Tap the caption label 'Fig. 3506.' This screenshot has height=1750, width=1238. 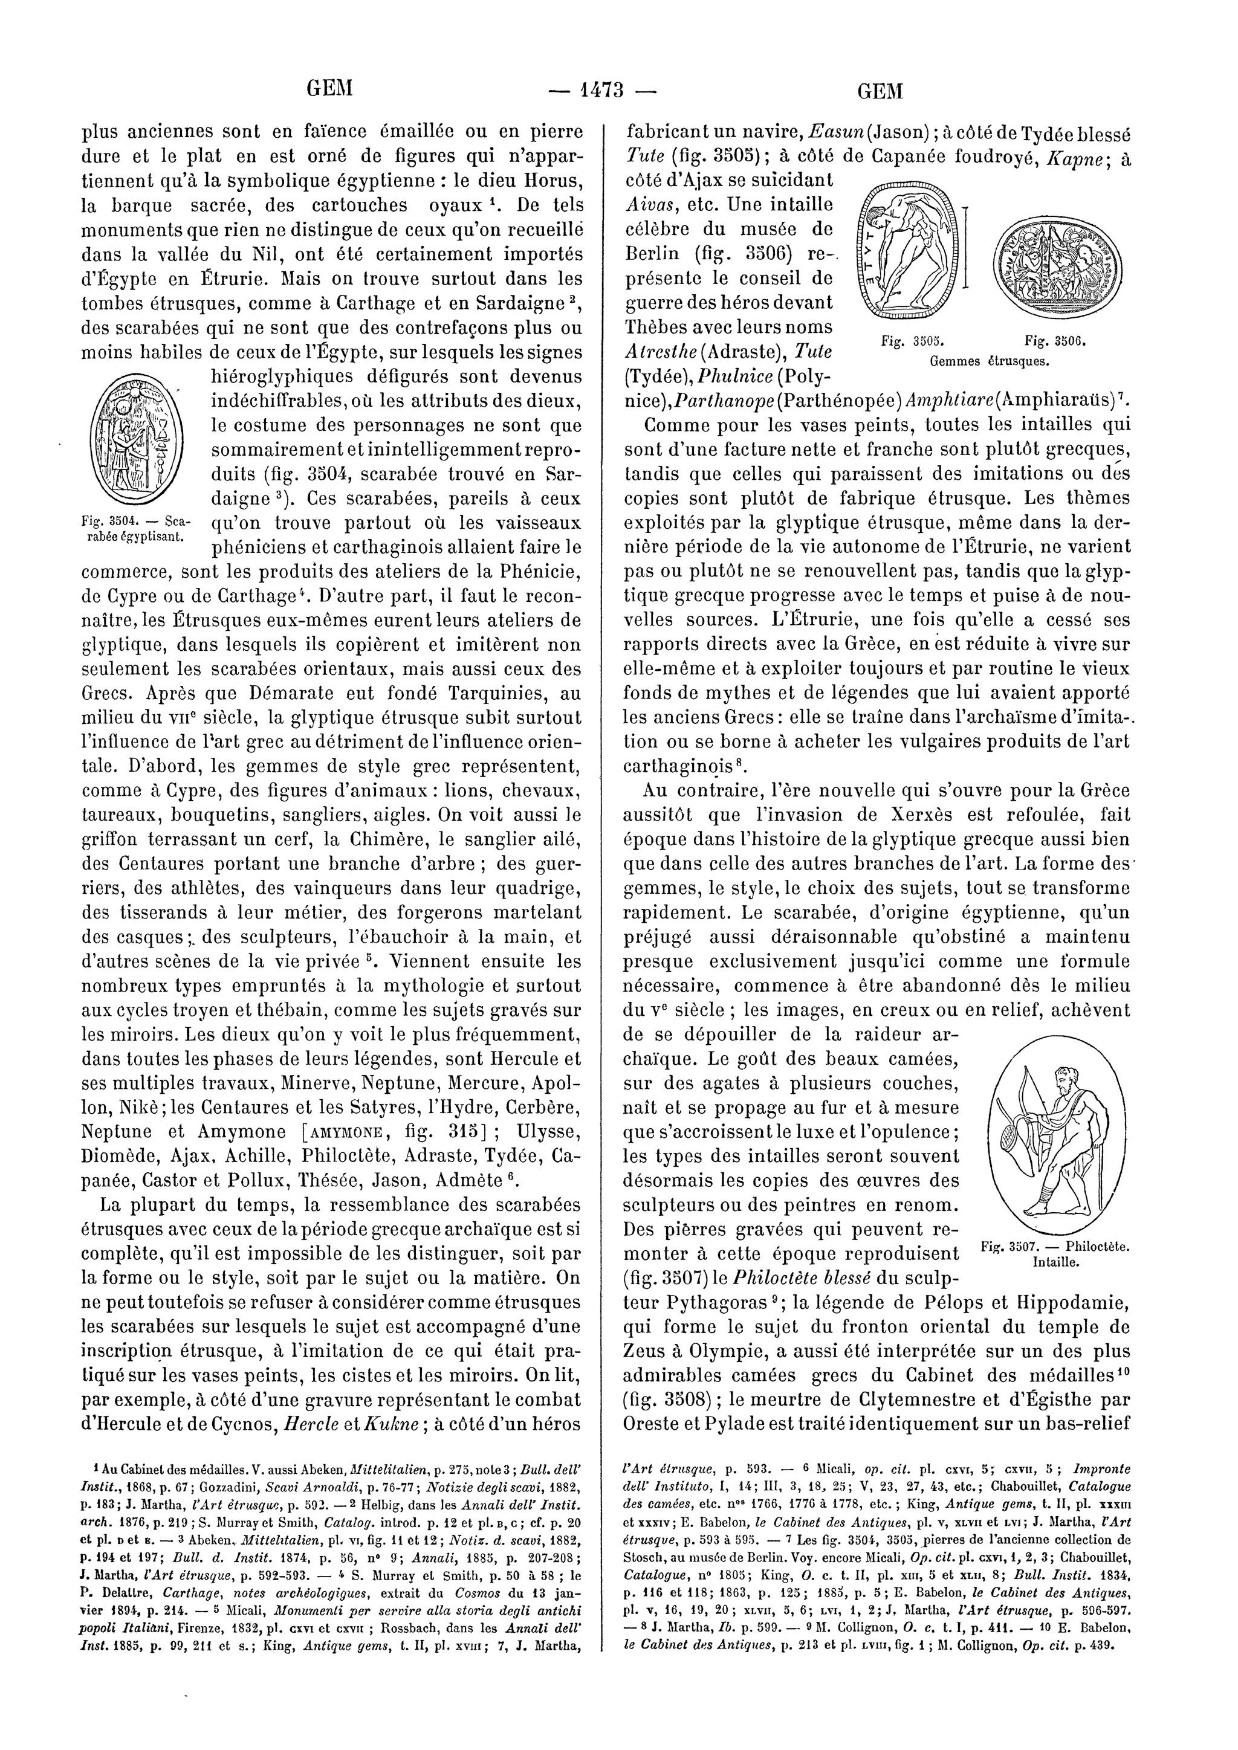[1055, 342]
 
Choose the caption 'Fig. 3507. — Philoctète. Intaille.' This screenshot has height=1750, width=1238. [1052, 1254]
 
